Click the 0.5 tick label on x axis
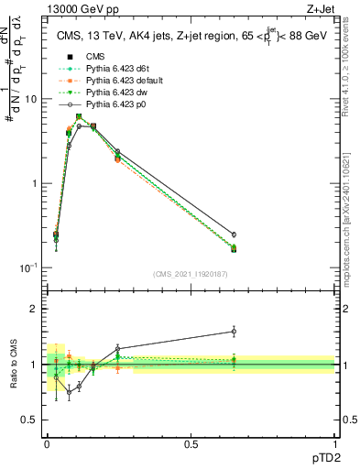point(191,443)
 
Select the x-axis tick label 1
point(334,443)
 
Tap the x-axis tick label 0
point(47,443)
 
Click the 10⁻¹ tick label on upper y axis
point(27,267)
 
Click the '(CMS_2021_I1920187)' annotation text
point(191,274)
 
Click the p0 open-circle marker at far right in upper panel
point(234,234)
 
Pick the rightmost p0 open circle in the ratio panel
point(234,331)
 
